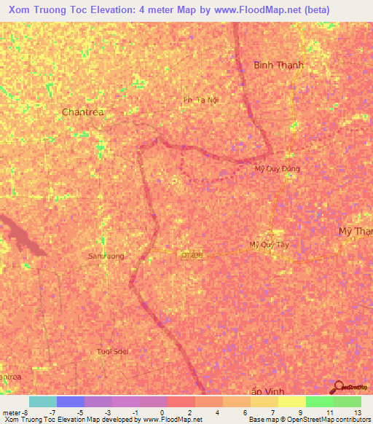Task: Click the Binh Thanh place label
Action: click(278, 65)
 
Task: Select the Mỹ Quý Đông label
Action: click(277, 168)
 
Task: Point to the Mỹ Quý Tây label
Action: click(270, 245)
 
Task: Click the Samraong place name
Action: click(106, 256)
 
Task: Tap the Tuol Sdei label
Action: click(112, 351)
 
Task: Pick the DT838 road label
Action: click(192, 254)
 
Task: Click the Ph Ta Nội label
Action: click(201, 99)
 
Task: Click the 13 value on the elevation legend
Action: click(357, 412)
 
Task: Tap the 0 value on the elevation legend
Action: click(162, 412)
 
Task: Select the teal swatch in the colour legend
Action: click(42, 401)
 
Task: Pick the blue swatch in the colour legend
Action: click(70, 401)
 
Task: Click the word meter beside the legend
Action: click(10, 412)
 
